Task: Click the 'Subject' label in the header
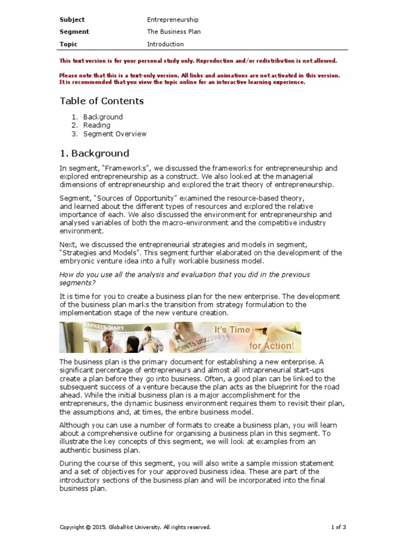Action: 72,20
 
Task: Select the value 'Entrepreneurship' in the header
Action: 172,20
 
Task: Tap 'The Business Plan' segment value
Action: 173,32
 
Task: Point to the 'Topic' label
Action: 69,44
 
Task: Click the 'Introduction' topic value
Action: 165,44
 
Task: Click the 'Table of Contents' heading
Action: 101,101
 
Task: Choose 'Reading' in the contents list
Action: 97,126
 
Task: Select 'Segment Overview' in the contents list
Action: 114,134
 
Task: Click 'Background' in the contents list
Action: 103,117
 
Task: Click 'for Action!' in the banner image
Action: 271,345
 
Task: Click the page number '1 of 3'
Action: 338,527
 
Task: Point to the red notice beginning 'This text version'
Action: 198,61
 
